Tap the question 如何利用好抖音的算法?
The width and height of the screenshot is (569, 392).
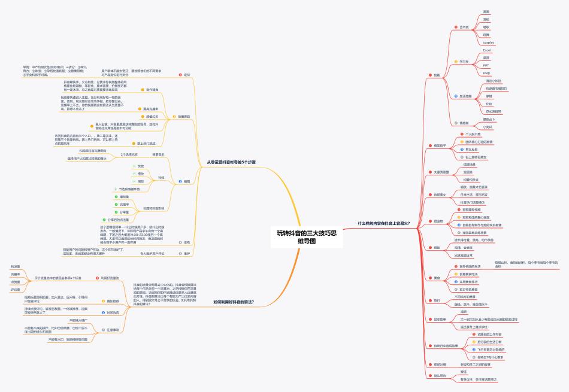click(234, 302)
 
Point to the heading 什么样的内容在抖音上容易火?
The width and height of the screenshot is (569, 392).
click(383, 223)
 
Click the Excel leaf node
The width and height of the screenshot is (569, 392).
click(486, 50)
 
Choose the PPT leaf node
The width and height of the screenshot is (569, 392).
click(486, 65)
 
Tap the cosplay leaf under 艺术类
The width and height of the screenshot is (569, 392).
click(489, 42)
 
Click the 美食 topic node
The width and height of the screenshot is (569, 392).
click(437, 278)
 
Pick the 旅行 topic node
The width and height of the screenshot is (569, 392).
click(437, 300)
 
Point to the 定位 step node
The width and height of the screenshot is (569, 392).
click(186, 75)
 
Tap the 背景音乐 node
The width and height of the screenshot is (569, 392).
click(158, 154)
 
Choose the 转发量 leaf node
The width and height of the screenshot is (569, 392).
click(16, 266)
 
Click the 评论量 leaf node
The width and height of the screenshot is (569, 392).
click(16, 290)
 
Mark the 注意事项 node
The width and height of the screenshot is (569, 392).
click(113, 330)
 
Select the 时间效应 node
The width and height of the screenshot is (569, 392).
click(113, 312)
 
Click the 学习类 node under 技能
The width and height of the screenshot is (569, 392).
click(464, 61)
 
